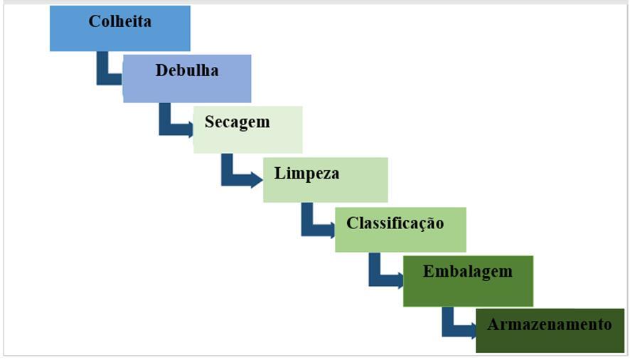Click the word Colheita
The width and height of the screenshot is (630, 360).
tap(119, 21)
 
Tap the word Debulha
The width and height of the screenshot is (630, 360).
tap(186, 70)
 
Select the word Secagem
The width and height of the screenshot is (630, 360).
tap(237, 122)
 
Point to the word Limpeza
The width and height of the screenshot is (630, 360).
tap(306, 173)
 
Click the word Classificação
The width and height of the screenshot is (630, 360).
tap(395, 223)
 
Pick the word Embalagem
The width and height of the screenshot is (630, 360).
tap(467, 272)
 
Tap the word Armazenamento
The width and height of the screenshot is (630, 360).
tap(549, 324)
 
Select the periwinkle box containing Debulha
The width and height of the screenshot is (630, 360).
tap(186, 89)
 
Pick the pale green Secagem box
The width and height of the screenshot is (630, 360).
tap(247, 140)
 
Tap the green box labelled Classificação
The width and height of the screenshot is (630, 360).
tap(400, 240)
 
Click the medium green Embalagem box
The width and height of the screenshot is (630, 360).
tap(467, 292)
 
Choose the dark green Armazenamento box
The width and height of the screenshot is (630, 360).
tap(549, 342)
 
